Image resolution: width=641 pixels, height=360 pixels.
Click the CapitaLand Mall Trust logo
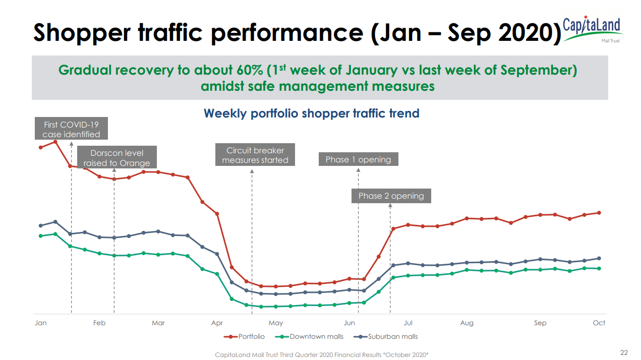(x=592, y=28)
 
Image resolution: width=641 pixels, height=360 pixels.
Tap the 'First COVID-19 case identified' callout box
(x=71, y=129)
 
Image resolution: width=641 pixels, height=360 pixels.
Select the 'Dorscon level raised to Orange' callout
(x=116, y=157)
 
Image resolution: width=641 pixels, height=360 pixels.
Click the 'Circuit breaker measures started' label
(x=255, y=155)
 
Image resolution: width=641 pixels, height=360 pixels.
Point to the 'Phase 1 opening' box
(x=358, y=159)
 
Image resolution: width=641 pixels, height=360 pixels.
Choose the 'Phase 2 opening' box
(x=391, y=196)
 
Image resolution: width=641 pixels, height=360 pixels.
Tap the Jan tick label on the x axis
(x=40, y=323)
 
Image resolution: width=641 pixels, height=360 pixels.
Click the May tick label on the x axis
(x=276, y=323)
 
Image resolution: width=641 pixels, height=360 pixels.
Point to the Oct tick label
(x=599, y=323)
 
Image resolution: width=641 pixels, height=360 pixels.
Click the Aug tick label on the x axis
(x=467, y=323)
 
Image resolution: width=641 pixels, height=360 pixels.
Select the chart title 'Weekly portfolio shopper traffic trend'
(x=311, y=113)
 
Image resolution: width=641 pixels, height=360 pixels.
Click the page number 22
(x=624, y=352)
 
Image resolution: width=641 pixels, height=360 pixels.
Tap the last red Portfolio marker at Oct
(x=599, y=213)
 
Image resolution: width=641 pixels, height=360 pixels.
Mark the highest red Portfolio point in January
(x=55, y=142)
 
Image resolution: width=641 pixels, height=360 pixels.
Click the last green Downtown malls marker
(x=599, y=268)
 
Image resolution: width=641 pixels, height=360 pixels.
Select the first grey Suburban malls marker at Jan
(x=41, y=225)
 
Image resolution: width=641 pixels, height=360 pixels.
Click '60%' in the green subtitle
(x=249, y=70)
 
